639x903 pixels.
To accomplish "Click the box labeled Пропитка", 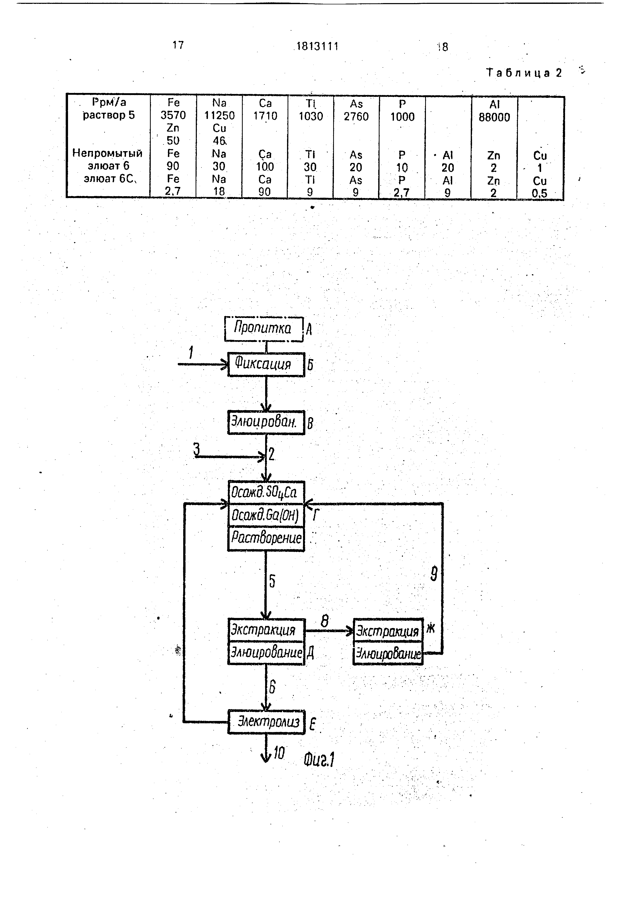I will point(264,328).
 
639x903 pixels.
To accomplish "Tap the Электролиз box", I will point(266,722).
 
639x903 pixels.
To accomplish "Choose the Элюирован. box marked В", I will point(266,422).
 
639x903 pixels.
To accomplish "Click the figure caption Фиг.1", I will point(319,759).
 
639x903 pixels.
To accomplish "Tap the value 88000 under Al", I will point(494,117).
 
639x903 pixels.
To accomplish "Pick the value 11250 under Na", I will point(219,116).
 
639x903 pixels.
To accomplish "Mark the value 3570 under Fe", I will point(173,115).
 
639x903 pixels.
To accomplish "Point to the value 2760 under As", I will point(356,116).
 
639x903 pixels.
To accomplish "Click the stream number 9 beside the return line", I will point(434,574).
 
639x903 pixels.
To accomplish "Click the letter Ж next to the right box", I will point(431,629).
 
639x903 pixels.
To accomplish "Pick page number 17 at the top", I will point(178,45).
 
